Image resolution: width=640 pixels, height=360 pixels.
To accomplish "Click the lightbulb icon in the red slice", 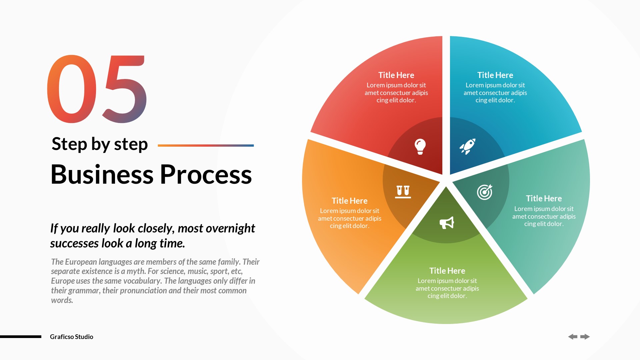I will click(420, 146).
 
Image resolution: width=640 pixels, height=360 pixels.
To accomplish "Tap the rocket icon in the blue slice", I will click(467, 146).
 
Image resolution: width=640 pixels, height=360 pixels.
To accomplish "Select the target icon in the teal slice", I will click(484, 192).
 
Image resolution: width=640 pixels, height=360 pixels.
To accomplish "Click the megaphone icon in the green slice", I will click(447, 223).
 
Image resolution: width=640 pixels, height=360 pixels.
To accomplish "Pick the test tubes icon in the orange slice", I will click(403, 191).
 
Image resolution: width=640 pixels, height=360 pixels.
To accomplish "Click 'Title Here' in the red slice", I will click(396, 75).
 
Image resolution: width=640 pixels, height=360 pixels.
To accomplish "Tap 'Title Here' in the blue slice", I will click(495, 75).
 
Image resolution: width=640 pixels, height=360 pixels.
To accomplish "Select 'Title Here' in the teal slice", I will click(544, 198).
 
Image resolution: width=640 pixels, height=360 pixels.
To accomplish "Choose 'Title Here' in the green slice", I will click(447, 271).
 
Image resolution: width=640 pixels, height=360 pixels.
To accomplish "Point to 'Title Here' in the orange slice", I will click(349, 201).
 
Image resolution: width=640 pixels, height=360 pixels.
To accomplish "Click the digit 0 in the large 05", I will click(72, 89).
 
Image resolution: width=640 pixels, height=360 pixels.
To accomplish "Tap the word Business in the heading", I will click(102, 174).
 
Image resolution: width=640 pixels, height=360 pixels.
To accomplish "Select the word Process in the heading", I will click(206, 174).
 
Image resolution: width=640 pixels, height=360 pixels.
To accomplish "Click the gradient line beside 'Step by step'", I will click(206, 145).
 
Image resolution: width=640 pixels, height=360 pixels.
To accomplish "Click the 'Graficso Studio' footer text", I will click(71, 337).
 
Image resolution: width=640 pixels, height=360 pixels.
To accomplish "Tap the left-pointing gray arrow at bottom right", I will click(573, 337).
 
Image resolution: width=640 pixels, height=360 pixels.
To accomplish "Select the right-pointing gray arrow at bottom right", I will click(585, 337).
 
